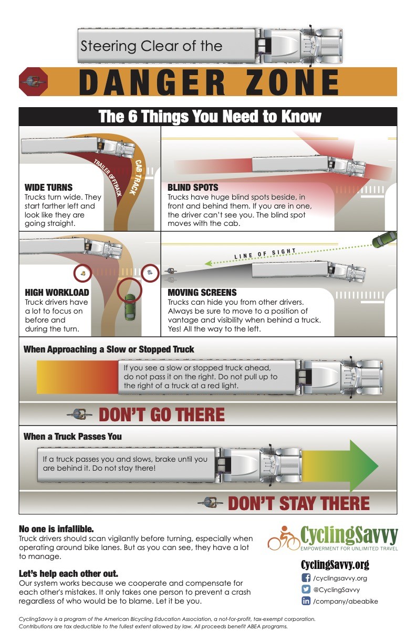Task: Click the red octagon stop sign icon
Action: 33,82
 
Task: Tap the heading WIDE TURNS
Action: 48,188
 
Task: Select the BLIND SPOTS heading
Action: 193,188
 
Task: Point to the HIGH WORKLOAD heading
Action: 57,293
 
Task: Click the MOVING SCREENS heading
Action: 202,293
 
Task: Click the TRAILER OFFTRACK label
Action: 108,178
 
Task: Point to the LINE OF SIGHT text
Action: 265,253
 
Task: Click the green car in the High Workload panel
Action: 130,307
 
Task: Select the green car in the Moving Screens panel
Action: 384,240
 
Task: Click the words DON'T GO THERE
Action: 162,415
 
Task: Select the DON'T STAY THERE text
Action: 298,503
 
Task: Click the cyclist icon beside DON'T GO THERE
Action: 79,414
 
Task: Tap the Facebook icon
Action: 306,578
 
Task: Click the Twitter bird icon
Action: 306,589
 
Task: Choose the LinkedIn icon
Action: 306,601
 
